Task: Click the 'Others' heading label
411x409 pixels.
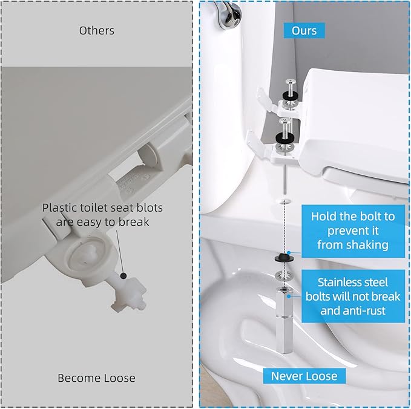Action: [x=97, y=30]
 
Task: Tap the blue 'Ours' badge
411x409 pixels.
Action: [x=304, y=30]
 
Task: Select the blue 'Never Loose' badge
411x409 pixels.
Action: [x=304, y=376]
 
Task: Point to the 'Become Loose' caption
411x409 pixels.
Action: [x=97, y=378]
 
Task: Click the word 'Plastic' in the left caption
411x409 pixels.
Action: [x=61, y=208]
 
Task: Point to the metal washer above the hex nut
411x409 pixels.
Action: [x=283, y=276]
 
